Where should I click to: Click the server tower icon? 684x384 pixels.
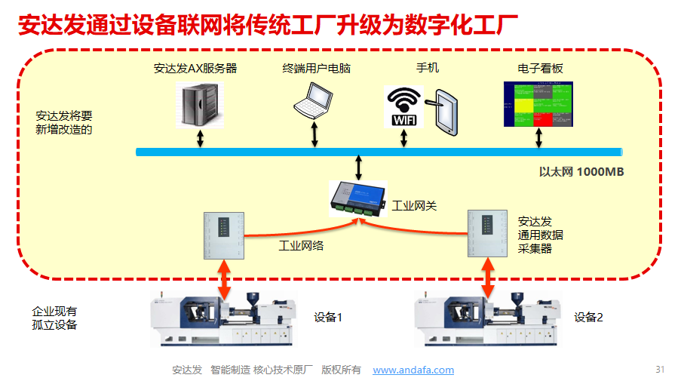click(201, 103)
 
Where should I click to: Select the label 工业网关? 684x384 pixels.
click(414, 205)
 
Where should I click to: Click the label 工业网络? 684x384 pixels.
click(301, 245)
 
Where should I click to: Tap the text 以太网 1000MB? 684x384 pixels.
click(581, 171)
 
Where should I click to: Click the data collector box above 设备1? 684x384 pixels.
click(225, 235)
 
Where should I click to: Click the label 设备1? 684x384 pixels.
click(328, 317)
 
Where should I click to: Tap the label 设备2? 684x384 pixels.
click(588, 317)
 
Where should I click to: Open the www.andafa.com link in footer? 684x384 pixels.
click(413, 370)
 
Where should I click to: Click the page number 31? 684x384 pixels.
click(660, 369)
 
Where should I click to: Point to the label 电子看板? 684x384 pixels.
click(539, 68)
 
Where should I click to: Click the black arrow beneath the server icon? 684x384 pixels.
click(201, 139)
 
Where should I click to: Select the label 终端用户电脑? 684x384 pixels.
click(316, 68)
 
